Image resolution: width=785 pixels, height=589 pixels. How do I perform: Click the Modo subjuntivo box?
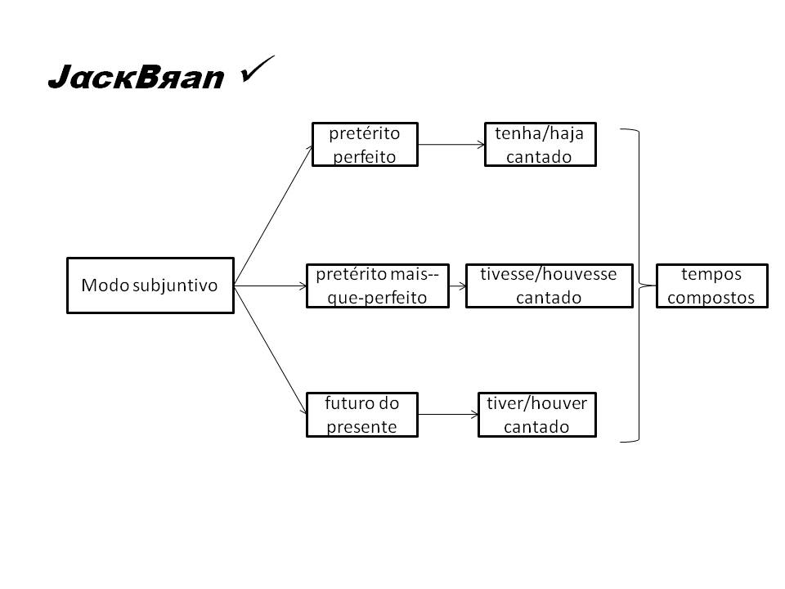[150, 286]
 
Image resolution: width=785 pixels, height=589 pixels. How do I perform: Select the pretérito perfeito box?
[365, 145]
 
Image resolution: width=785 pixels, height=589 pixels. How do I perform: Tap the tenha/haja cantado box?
[540, 145]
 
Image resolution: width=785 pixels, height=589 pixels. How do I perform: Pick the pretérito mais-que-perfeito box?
[377, 286]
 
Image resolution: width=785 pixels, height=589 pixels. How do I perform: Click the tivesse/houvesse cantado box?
[549, 286]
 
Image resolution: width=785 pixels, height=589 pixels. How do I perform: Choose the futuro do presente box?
[361, 415]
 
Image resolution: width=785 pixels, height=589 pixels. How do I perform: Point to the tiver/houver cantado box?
[537, 415]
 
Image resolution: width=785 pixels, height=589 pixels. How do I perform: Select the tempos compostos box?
[711, 286]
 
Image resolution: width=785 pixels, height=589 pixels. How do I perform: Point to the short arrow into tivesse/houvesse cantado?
[457, 286]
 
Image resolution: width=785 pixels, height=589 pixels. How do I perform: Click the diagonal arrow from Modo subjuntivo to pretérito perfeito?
[273, 215]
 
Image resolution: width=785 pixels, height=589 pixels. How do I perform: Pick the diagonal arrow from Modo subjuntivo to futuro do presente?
[270, 350]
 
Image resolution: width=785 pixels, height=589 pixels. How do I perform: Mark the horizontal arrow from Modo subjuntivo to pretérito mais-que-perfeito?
[270, 286]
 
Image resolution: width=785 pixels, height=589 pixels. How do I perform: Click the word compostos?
[711, 297]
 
